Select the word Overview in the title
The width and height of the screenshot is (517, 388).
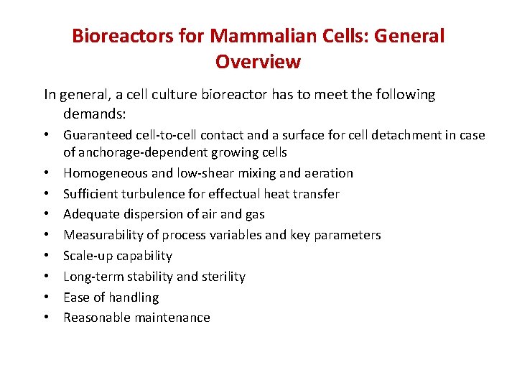tap(258, 62)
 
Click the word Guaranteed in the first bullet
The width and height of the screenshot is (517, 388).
tap(94, 135)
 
